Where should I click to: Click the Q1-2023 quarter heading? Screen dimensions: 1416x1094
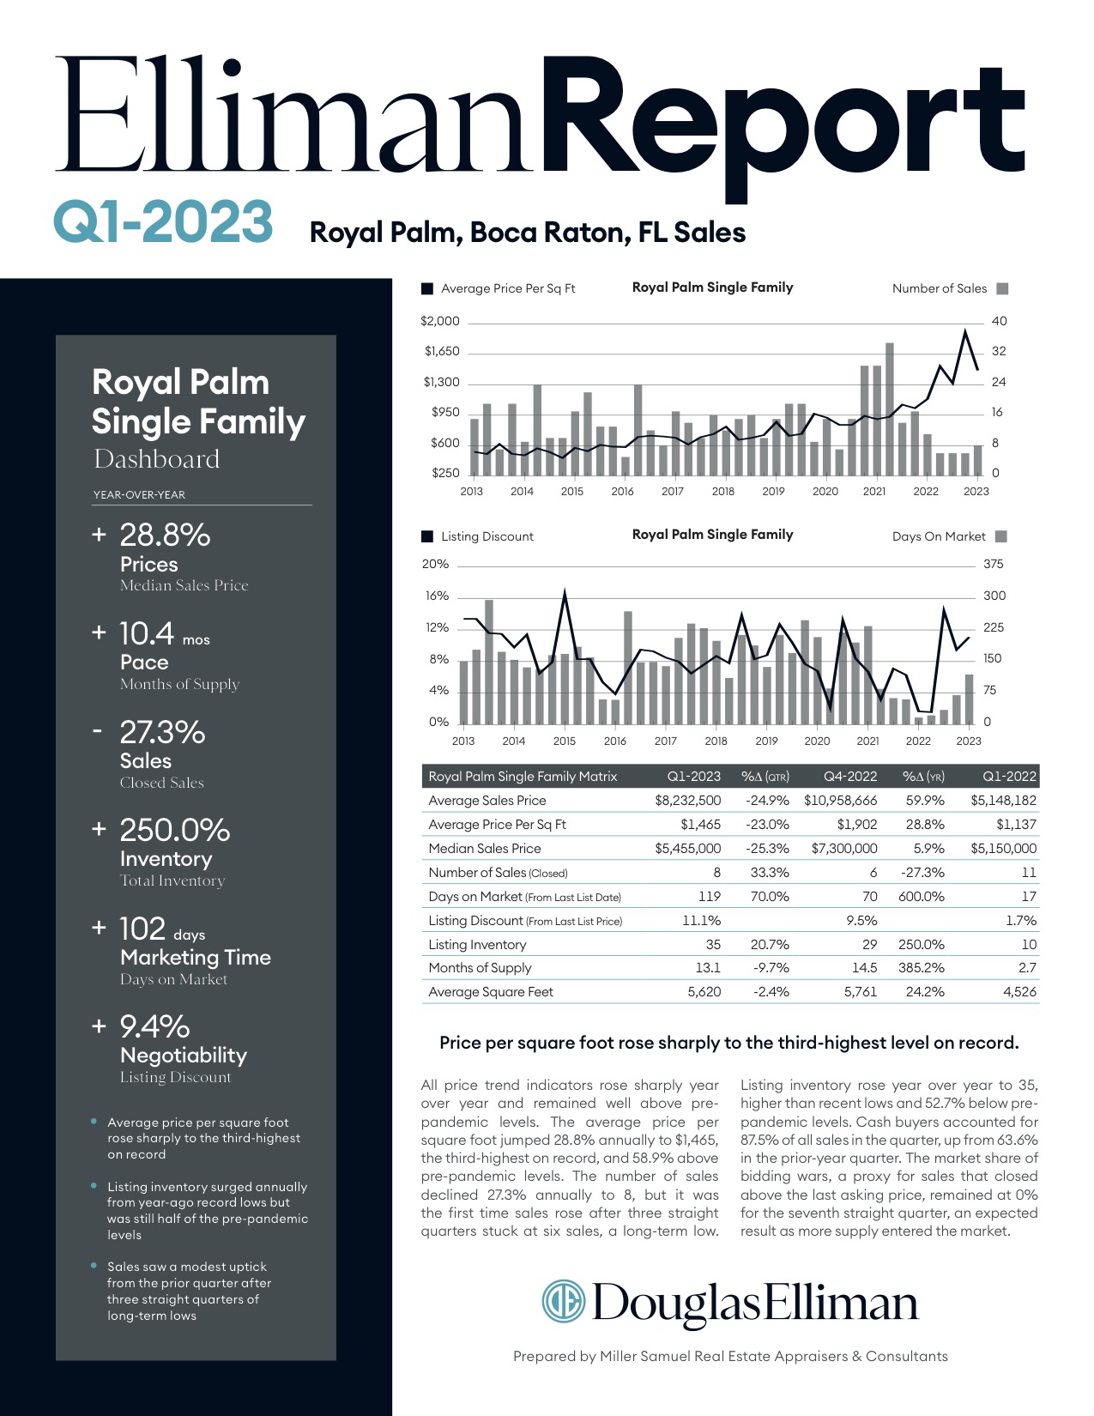163,221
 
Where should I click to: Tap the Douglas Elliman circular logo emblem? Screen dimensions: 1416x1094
563,1301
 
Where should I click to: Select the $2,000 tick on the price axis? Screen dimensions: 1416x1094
440,321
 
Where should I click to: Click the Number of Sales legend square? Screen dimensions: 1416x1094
1002,288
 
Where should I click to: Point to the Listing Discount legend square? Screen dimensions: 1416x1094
427,536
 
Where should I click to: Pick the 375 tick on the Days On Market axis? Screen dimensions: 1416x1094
993,564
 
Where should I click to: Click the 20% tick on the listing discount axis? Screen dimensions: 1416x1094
435,564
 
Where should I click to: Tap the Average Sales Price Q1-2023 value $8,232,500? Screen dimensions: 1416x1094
687,800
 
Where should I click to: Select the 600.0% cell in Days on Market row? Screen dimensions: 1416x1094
922,896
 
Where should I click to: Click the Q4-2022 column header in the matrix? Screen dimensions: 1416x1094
849,776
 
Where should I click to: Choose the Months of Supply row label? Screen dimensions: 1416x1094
480,967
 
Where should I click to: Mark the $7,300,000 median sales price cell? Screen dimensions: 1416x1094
844,848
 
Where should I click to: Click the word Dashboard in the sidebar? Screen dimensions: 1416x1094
157,459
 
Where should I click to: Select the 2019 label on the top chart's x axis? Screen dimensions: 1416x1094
773,492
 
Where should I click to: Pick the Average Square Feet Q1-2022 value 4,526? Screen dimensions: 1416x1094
1019,991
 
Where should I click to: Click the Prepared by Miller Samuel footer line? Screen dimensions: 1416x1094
730,1356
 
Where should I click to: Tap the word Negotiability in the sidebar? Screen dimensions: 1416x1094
184,1055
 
